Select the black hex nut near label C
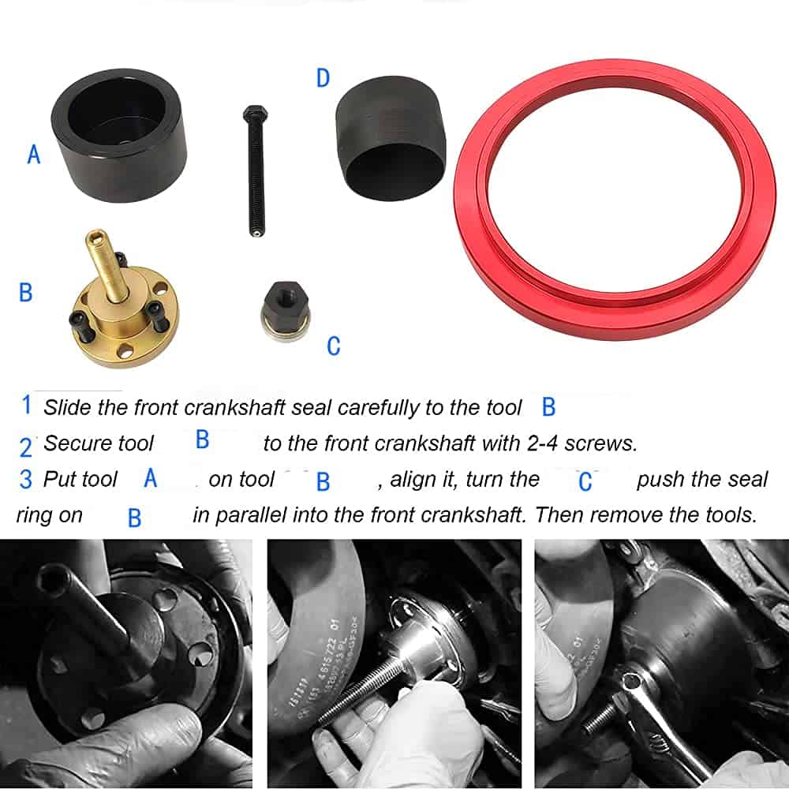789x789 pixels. coord(286,310)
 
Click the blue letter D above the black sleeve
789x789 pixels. coord(323,78)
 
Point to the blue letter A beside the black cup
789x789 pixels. coord(34,154)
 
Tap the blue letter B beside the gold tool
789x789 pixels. coord(26,293)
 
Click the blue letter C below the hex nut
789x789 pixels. coord(334,346)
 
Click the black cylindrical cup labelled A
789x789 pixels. coord(119,135)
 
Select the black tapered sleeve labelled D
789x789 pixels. coord(391,138)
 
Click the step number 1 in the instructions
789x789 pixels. coord(27,405)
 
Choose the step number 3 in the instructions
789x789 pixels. coord(26,479)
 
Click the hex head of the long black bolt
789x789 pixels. coord(255,114)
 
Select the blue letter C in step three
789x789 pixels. coord(585,481)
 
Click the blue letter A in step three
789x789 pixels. coord(151,478)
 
